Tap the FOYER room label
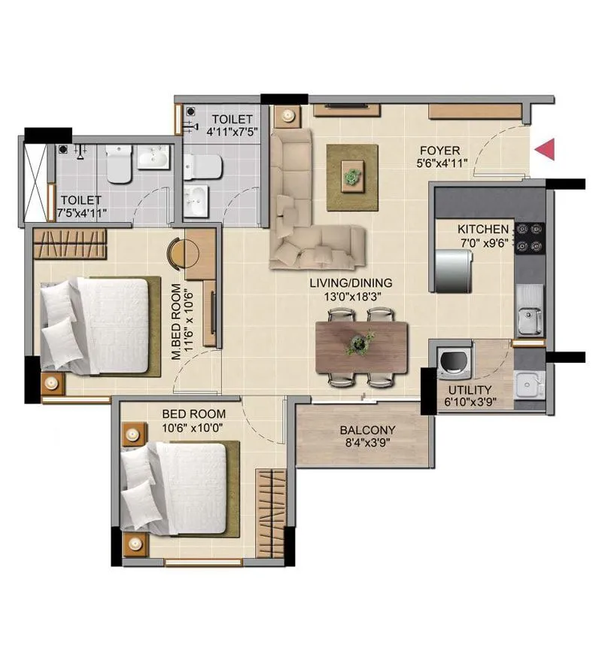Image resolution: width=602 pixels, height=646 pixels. point(440,151)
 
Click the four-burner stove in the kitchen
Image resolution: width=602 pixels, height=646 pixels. point(529,236)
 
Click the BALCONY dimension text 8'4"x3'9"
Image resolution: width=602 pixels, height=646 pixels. point(367,443)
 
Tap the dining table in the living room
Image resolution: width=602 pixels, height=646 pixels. point(362,346)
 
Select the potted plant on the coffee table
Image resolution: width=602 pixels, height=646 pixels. point(351,177)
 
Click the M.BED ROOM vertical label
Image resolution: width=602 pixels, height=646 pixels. point(175,322)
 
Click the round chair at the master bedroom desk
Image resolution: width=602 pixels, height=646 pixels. point(175,252)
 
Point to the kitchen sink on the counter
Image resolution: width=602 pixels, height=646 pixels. point(529,321)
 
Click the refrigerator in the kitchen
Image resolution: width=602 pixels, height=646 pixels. point(453,269)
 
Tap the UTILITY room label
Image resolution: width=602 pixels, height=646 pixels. point(470,390)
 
